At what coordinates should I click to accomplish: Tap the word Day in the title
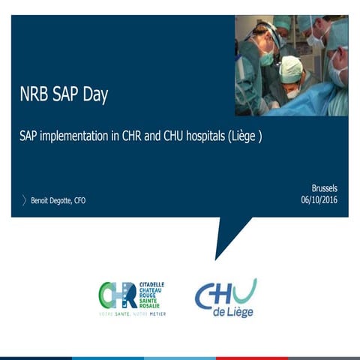pos(94,95)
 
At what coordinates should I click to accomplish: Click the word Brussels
pos(325,188)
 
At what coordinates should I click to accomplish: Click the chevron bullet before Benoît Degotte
pos(24,200)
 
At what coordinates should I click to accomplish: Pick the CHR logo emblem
pos(118,294)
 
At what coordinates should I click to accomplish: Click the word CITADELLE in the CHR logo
pos(151,285)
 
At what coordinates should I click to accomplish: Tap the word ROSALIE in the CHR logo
pos(150,305)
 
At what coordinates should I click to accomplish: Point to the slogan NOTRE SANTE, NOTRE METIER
pos(133,313)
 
